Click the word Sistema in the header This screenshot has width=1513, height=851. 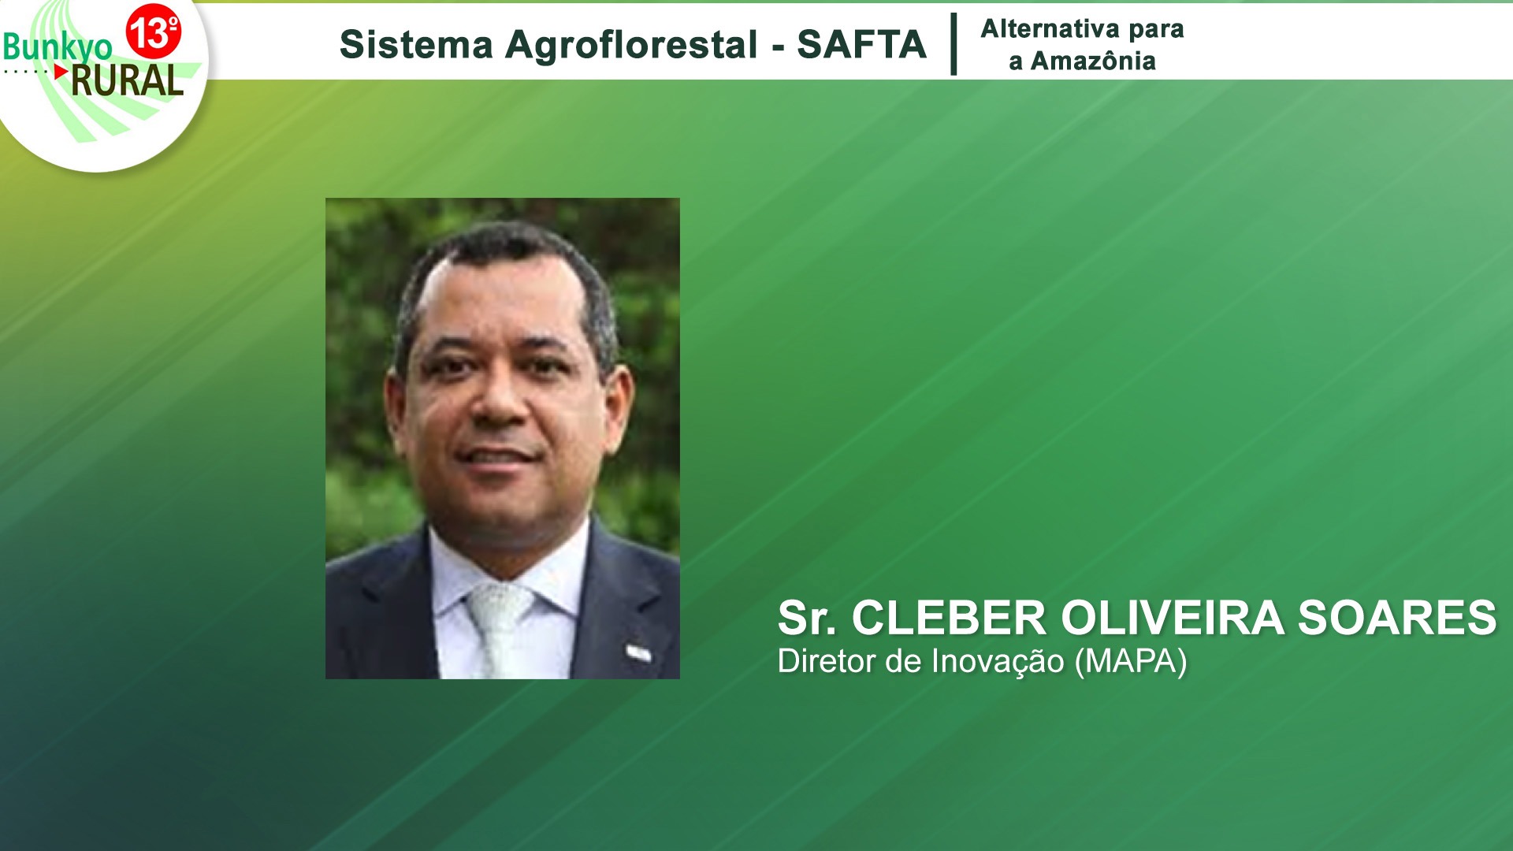[416, 44]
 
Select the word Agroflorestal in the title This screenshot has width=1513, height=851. [632, 44]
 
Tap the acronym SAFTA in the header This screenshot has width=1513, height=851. [861, 44]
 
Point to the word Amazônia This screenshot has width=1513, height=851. [1093, 61]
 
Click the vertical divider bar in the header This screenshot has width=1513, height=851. [954, 44]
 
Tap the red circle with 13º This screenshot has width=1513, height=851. [154, 32]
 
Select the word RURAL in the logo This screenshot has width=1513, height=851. [127, 80]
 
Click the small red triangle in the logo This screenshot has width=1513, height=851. [61, 71]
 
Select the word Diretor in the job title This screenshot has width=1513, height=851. [827, 661]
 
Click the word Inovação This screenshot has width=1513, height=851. [998, 662]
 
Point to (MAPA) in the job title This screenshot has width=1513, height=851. [1131, 662]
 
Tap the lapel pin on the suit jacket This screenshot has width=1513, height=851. [639, 652]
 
